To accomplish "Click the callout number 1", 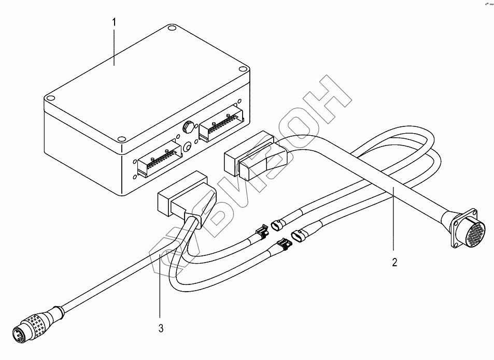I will click(x=115, y=23).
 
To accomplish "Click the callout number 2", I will click(x=394, y=262).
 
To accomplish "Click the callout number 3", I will click(x=161, y=328).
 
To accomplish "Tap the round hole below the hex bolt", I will click(x=186, y=147).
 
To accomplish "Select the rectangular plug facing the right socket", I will click(x=247, y=154).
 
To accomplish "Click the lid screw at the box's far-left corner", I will click(x=50, y=97).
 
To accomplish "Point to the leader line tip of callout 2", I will click(x=392, y=189).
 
